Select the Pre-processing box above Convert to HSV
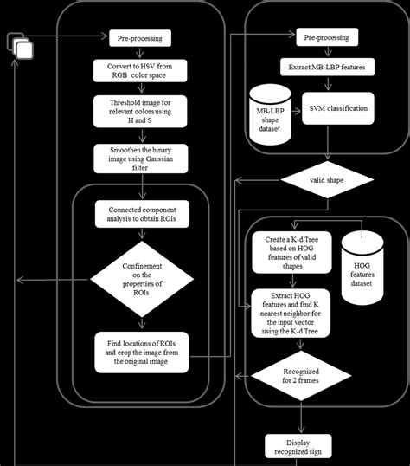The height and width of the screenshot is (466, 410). (x=139, y=38)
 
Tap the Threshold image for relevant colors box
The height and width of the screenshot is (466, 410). (x=139, y=113)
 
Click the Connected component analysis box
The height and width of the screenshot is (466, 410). (x=139, y=213)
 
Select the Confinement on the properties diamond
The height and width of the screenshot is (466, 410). (x=139, y=279)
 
